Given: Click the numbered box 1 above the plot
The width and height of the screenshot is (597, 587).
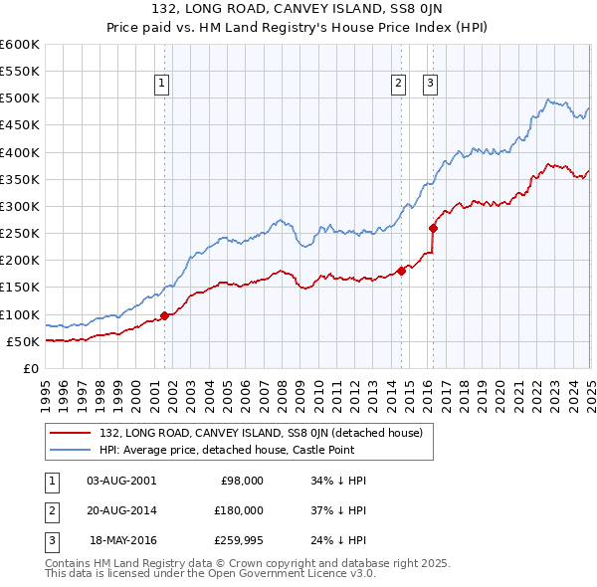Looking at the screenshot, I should point(161,85).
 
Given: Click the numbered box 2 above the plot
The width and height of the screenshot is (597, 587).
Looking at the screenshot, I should point(398,85).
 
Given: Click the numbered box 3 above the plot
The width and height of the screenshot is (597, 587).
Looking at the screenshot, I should point(430,85).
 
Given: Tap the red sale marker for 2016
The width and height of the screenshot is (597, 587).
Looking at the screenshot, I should point(433,228).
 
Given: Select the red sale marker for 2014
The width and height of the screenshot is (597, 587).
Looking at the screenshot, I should point(401,270).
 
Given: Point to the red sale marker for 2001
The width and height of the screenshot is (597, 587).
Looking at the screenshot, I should point(164,315).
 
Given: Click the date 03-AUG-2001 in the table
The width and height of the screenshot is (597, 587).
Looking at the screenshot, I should point(122,481).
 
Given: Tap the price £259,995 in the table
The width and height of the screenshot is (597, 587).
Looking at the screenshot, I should point(239,540).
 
